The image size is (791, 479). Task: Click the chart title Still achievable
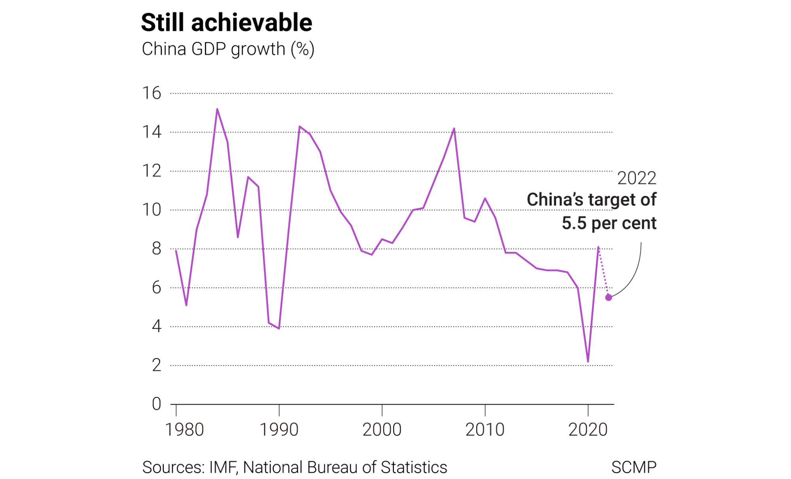[x=226, y=23]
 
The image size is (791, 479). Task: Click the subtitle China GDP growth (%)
[x=228, y=49]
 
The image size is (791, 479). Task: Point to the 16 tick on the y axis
[x=151, y=93]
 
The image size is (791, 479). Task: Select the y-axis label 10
[x=151, y=210]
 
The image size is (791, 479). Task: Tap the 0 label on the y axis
[x=157, y=404]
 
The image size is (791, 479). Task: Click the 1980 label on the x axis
[x=184, y=430]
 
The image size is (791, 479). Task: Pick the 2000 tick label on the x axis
[x=382, y=430]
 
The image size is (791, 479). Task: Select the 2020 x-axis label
[x=588, y=430]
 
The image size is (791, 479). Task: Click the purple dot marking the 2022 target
[x=608, y=298]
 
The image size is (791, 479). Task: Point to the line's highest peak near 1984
[x=217, y=109]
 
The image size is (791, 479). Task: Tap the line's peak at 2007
[x=454, y=128]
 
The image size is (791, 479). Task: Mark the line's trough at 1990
[x=279, y=328]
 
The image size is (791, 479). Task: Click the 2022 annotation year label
[x=636, y=178]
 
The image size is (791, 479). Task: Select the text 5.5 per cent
[x=609, y=223]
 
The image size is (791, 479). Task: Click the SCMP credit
[x=634, y=467]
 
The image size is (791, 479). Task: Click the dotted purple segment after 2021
[x=603, y=272]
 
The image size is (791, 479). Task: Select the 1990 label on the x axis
[x=279, y=430]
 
